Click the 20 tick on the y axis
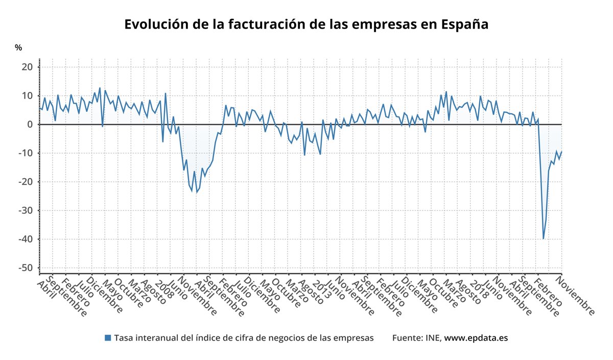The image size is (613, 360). (x=26, y=67)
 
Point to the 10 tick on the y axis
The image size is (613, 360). (x=26, y=96)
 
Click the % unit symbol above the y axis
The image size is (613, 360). (x=18, y=47)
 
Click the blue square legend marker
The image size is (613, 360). (x=107, y=338)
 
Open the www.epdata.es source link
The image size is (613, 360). (x=476, y=338)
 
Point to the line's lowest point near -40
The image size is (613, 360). (x=544, y=238)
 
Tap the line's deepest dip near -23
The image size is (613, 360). (x=197, y=192)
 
